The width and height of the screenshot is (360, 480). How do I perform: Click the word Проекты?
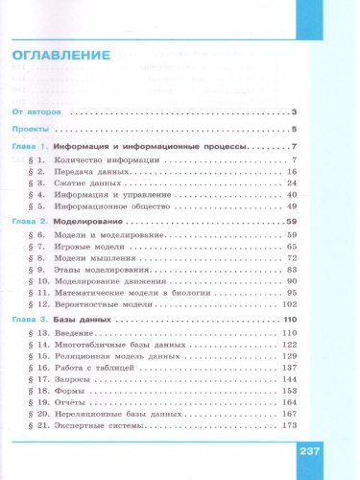pyautogui.click(x=32, y=130)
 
